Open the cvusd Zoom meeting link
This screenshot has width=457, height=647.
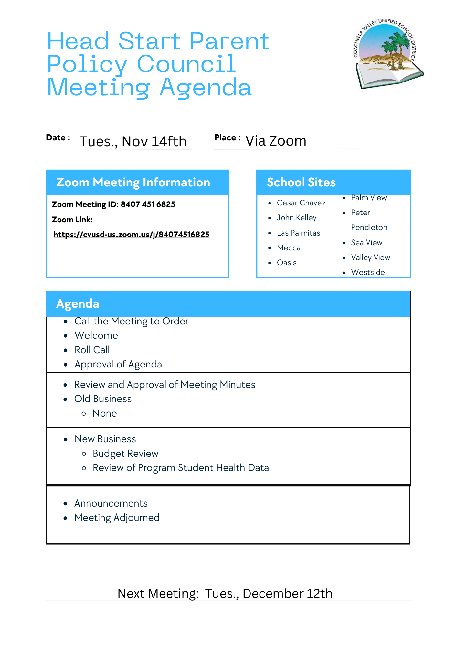pyautogui.click(x=132, y=235)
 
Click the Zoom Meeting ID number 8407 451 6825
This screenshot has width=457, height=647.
pyautogui.click(x=148, y=204)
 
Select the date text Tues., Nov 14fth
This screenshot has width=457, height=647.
pyautogui.click(x=133, y=142)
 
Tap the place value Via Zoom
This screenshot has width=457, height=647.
pyautogui.click(x=276, y=141)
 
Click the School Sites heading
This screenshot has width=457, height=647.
pyautogui.click(x=301, y=182)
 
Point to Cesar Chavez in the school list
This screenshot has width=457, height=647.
pyautogui.click(x=301, y=203)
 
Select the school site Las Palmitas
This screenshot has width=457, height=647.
pyautogui.click(x=298, y=233)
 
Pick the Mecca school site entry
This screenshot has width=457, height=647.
pyautogui.click(x=289, y=248)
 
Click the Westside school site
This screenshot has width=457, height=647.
pyautogui.click(x=368, y=272)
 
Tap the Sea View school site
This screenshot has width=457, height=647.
pyautogui.click(x=367, y=243)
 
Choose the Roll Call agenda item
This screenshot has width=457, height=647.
pyautogui.click(x=92, y=350)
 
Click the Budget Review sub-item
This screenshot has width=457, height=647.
pyautogui.click(x=125, y=454)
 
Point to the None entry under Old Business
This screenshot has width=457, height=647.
pyautogui.click(x=104, y=413)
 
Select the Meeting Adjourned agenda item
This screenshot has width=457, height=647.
pyautogui.click(x=117, y=518)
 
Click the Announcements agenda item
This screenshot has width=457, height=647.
pyautogui.click(x=111, y=503)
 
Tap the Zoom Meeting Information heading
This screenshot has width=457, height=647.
pyautogui.click(x=133, y=182)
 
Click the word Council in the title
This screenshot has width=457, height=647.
pyautogui.click(x=186, y=64)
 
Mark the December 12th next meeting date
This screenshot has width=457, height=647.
pyautogui.click(x=287, y=594)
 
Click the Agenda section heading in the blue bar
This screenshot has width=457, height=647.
pyautogui.click(x=78, y=304)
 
